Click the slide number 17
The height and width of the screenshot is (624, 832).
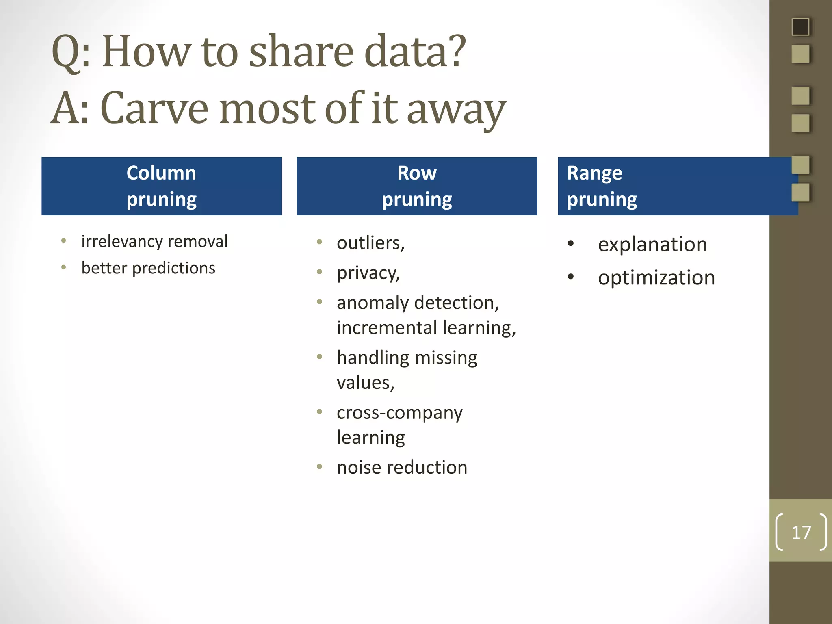click(x=801, y=532)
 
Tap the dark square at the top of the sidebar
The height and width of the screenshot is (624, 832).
click(x=800, y=27)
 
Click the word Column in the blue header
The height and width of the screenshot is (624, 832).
click(x=161, y=173)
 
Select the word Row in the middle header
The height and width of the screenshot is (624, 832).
click(x=417, y=173)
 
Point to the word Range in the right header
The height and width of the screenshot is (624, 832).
click(x=594, y=173)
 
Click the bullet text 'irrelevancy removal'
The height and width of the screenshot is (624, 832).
click(x=154, y=241)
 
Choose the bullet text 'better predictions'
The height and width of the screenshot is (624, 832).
click(x=148, y=268)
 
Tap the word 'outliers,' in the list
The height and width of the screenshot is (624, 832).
click(x=370, y=243)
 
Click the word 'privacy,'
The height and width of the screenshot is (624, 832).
click(x=368, y=273)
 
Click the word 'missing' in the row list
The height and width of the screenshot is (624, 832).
click(x=446, y=358)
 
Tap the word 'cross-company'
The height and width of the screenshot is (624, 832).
click(x=399, y=413)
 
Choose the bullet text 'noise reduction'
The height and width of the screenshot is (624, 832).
click(x=402, y=468)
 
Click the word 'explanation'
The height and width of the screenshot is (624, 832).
click(x=652, y=245)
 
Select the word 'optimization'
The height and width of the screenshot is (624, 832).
click(x=656, y=278)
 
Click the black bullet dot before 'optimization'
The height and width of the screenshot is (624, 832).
click(x=571, y=277)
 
